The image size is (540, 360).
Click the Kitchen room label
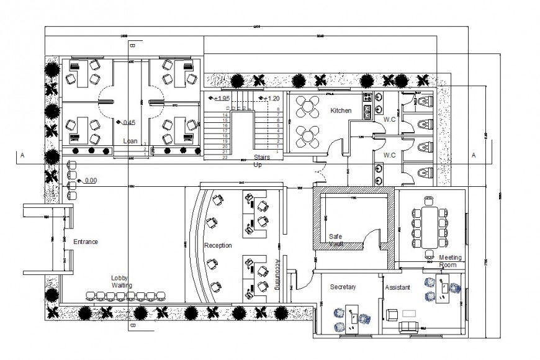tap(341, 110)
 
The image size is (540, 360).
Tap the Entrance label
tap(86, 241)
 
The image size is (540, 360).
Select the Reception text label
tap(218, 246)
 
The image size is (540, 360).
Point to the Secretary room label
tap(343, 287)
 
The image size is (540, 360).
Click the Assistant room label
tap(397, 288)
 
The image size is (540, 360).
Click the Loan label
tap(130, 141)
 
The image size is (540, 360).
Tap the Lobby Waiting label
tap(122, 281)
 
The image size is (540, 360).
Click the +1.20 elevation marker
tap(271, 99)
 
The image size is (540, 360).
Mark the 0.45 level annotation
tap(128, 122)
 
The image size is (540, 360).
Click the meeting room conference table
tap(429, 225)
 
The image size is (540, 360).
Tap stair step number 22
tap(226, 158)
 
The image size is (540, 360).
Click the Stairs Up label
tap(261, 161)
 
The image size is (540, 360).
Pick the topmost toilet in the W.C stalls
tap(424, 101)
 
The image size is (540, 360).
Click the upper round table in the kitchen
tap(307, 107)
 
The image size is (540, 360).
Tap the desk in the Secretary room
tap(353, 317)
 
